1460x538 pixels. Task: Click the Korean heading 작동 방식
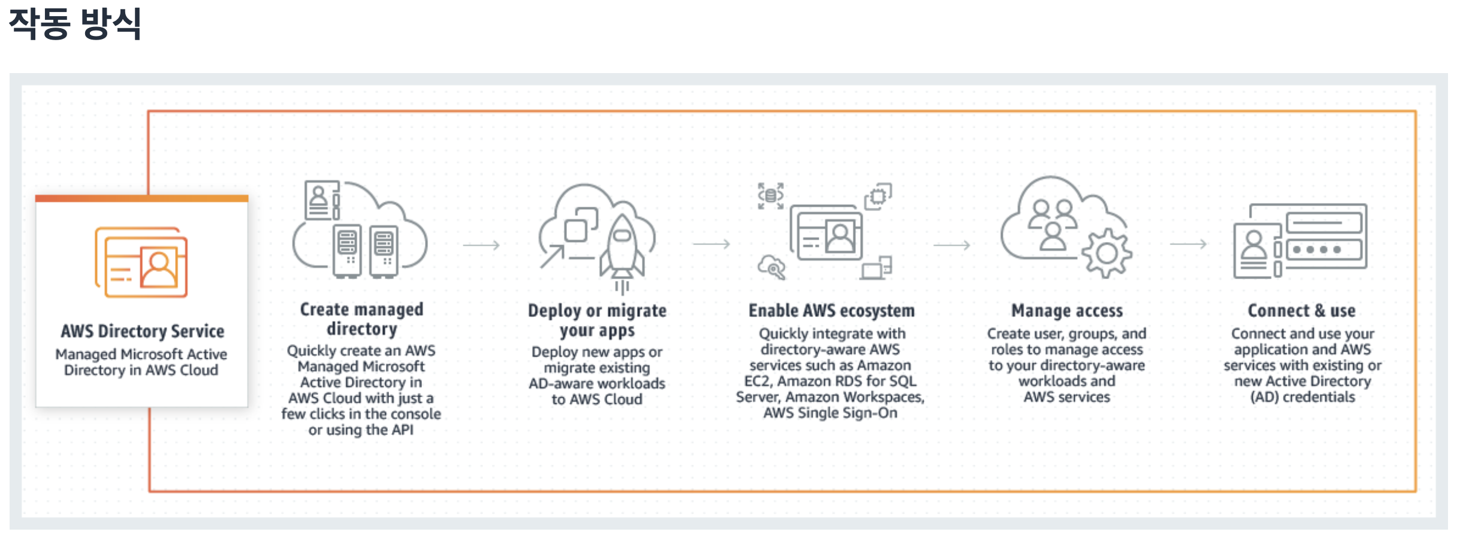click(x=75, y=24)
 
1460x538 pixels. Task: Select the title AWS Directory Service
click(x=142, y=331)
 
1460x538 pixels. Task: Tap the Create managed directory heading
click(x=361, y=319)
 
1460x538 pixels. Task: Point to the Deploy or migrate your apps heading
click(x=597, y=320)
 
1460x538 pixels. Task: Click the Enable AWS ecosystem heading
click(x=831, y=310)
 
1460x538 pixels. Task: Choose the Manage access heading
click(x=1067, y=310)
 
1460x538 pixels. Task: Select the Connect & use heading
click(x=1301, y=310)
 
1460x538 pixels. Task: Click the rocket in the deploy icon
click(x=623, y=249)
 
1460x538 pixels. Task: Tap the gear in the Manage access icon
click(x=1106, y=254)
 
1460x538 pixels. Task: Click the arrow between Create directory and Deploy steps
click(x=481, y=245)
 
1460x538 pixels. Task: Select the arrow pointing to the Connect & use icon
click(x=1188, y=244)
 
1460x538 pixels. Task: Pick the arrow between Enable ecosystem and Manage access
click(x=952, y=245)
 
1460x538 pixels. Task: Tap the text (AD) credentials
click(x=1302, y=397)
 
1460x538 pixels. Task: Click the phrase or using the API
click(x=361, y=430)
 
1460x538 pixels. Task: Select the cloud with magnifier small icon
click(x=771, y=267)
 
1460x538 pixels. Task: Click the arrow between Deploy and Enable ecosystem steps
click(x=711, y=244)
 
